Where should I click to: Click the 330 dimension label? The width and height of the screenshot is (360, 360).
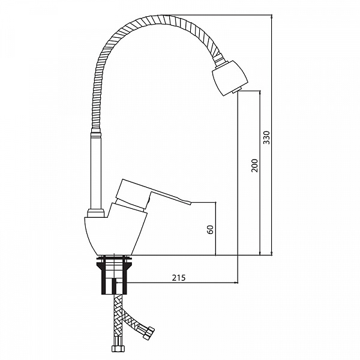click(x=266, y=137)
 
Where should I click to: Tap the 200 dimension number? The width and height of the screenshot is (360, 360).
click(x=254, y=166)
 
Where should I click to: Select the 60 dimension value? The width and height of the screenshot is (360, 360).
click(x=211, y=230)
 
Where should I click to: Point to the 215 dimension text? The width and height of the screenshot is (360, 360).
click(x=179, y=278)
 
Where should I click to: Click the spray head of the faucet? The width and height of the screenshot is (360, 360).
click(x=230, y=78)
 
